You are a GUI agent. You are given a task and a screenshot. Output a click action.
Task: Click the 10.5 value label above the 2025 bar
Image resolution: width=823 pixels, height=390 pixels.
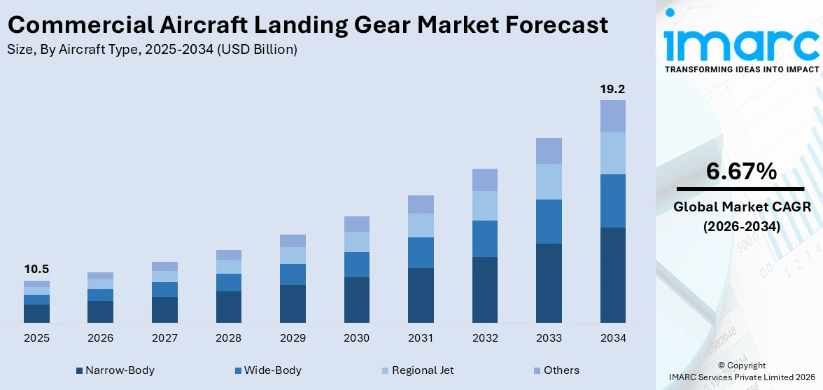coord(36,270)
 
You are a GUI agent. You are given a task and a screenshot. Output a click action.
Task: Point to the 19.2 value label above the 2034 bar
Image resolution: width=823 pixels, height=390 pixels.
coord(612,89)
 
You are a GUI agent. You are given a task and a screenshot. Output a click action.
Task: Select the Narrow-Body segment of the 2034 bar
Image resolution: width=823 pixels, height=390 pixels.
coord(612,274)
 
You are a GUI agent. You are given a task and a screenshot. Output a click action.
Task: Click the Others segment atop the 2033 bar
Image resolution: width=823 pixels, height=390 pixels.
coord(549,151)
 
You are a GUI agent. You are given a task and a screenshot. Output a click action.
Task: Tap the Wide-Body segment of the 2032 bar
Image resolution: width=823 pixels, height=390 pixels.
coord(484,239)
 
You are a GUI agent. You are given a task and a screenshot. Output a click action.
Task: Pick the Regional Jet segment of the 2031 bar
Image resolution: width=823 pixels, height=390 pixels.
coord(421,225)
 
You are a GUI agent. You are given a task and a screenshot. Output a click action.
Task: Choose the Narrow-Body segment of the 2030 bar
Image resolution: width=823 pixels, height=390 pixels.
coord(356,300)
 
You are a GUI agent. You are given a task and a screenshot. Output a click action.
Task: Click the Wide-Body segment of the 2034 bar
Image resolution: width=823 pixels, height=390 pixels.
coord(612,201)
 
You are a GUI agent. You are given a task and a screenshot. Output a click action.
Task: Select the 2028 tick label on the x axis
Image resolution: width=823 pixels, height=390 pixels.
coord(228,338)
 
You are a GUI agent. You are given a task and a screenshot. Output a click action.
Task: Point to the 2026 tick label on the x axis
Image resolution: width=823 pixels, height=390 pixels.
coord(100,338)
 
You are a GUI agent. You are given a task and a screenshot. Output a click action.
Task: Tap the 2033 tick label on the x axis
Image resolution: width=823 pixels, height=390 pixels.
coord(549,338)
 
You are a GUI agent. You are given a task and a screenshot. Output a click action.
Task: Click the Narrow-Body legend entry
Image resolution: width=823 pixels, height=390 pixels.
coord(115,370)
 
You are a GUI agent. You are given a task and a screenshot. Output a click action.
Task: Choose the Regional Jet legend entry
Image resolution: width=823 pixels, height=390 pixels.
coord(418,370)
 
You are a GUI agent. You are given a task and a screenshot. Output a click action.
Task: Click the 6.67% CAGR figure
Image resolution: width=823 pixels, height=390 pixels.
coord(741,171)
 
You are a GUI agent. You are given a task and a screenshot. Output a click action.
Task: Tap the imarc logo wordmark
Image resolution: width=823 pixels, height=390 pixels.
coord(741,43)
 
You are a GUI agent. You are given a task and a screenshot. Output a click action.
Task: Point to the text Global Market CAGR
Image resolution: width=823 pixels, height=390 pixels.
coord(741,207)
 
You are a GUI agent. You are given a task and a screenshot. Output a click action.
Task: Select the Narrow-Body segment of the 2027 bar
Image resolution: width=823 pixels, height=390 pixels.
coord(164,309)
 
